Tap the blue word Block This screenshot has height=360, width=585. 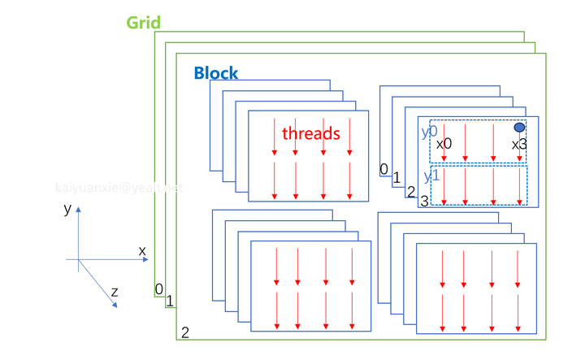tap(215, 73)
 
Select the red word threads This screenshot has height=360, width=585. tap(310, 132)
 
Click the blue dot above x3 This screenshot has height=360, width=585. tap(519, 128)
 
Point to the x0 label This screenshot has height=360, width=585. tap(444, 143)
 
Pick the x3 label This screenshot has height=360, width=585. tap(519, 144)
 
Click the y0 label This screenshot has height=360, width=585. tap(429, 130)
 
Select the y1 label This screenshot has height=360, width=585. tap(431, 176)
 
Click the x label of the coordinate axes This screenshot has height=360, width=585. tap(142, 251)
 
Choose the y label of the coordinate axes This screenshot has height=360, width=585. tap(67, 209)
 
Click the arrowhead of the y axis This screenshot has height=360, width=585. tap(78, 209)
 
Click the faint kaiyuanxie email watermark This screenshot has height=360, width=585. tap(119, 188)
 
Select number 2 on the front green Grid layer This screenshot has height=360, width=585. tap(185, 332)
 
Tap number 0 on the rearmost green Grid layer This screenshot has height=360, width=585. tap(159, 288)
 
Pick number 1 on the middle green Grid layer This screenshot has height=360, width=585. tap(170, 301)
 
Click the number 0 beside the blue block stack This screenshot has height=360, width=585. tap(383, 169)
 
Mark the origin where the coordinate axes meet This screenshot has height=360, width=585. tap(78, 259)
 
